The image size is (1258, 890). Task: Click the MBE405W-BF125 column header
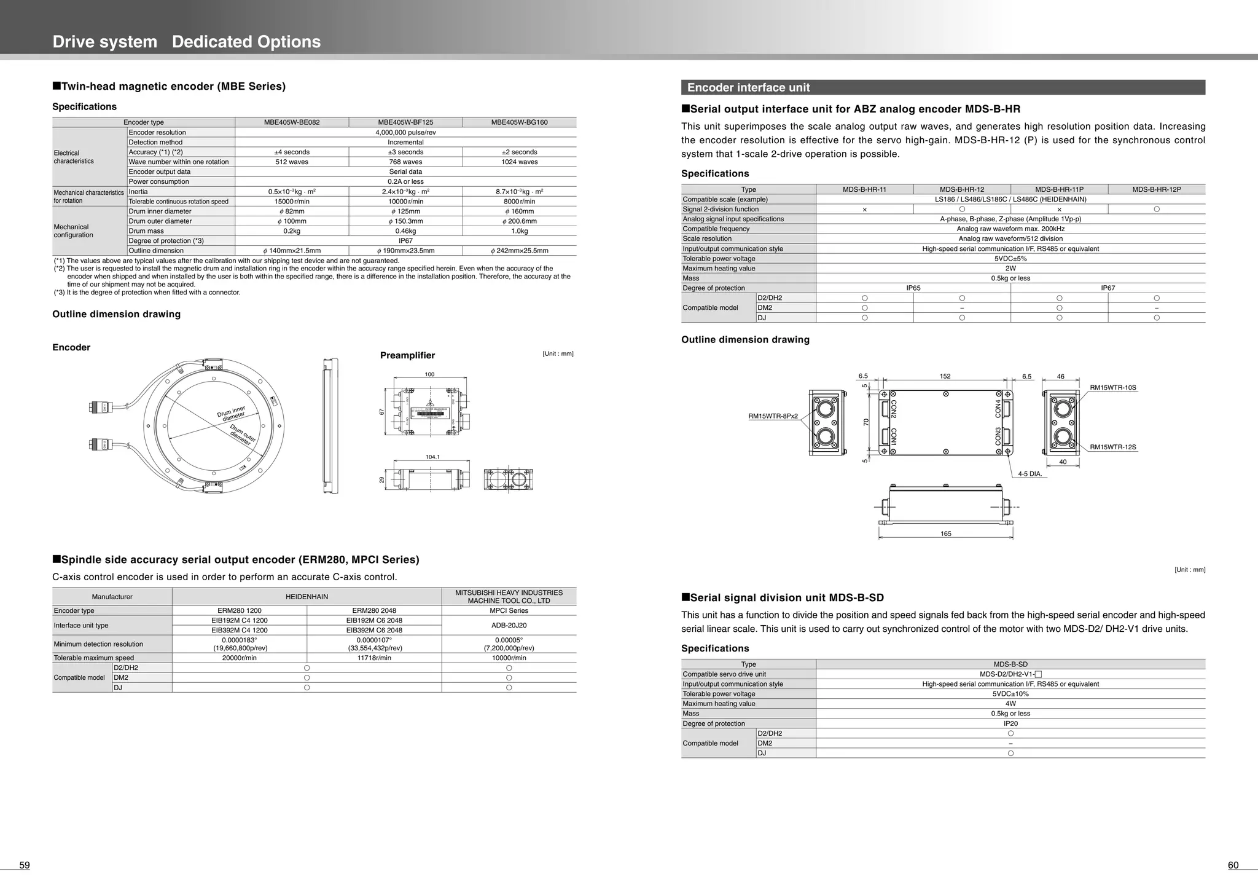tap(405, 122)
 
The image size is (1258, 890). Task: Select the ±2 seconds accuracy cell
tap(519, 152)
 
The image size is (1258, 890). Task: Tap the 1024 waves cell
tap(519, 162)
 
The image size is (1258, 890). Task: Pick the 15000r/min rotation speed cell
tap(292, 201)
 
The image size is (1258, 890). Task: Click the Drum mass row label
tap(146, 231)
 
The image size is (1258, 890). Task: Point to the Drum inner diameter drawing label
tap(232, 412)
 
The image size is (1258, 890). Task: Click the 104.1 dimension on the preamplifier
tap(432, 457)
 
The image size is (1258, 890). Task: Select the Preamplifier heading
tap(407, 355)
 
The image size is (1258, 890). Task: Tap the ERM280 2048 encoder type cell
tap(374, 610)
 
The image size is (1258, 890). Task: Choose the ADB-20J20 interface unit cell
tap(509, 625)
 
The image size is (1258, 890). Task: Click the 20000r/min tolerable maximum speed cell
tap(239, 658)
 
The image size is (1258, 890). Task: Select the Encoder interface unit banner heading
tap(748, 87)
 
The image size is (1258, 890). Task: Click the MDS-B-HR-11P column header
tap(1059, 189)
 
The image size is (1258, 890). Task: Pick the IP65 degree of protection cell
tap(913, 288)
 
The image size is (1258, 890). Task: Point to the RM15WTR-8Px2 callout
tap(773, 416)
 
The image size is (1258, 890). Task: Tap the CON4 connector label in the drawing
tap(998, 408)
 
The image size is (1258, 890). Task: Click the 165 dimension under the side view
tap(945, 534)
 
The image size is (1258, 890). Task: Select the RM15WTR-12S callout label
tap(1112, 447)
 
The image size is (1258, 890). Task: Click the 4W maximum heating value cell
tap(1010, 704)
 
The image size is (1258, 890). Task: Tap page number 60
tap(1233, 865)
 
